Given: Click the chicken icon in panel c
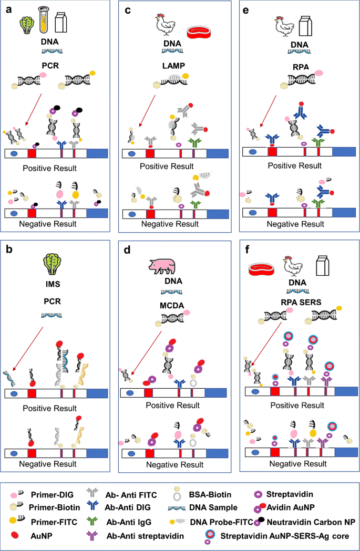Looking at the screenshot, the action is (x=161, y=23).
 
